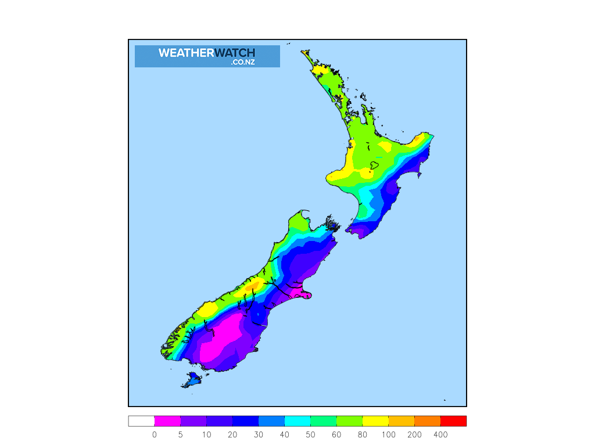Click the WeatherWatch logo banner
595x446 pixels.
click(x=207, y=56)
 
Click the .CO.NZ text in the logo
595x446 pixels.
click(x=242, y=62)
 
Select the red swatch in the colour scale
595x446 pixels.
click(x=453, y=421)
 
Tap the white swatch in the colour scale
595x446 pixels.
click(x=141, y=421)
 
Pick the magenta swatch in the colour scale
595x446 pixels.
click(x=167, y=421)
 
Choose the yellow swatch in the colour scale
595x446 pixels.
click(x=375, y=421)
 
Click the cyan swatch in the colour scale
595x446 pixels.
click(x=297, y=421)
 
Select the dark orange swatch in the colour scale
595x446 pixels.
click(x=427, y=421)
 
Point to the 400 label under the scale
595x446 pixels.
click(x=440, y=434)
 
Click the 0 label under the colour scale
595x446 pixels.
click(x=155, y=434)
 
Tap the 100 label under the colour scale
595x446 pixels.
click(x=389, y=434)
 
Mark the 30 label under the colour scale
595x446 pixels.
click(x=259, y=434)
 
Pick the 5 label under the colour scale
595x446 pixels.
click(x=181, y=434)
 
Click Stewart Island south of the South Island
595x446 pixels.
click(x=192, y=380)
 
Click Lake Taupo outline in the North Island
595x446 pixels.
click(x=375, y=165)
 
